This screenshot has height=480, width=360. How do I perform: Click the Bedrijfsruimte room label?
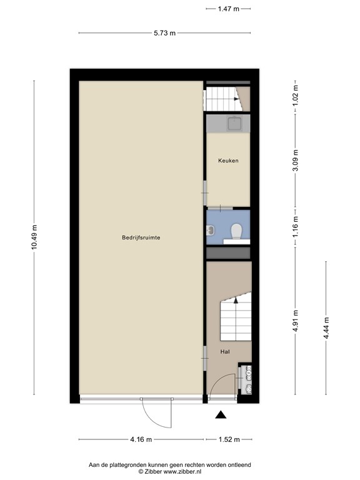(141, 237)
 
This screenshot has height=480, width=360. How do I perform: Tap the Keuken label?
(228, 161)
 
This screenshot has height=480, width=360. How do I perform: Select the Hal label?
(225, 352)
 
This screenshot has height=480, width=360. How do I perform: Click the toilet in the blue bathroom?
(236, 231)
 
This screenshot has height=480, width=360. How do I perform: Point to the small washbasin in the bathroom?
(211, 229)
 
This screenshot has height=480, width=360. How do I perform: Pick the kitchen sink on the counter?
(234, 123)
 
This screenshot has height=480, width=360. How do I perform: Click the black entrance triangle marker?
(221, 415)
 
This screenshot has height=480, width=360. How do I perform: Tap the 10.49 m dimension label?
(34, 237)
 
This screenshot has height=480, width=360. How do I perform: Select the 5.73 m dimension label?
(165, 32)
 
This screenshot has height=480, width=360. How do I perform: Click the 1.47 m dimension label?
(228, 9)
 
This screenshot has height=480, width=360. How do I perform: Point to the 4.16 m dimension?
(141, 439)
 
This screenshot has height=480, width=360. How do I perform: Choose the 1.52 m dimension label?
(229, 439)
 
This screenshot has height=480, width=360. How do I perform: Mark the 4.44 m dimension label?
(326, 328)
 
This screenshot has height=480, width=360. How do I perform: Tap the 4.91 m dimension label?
(296, 321)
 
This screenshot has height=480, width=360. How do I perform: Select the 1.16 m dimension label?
(296, 227)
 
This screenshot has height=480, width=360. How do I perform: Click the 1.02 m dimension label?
(296, 96)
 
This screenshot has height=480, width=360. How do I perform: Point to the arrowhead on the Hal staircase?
(236, 300)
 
